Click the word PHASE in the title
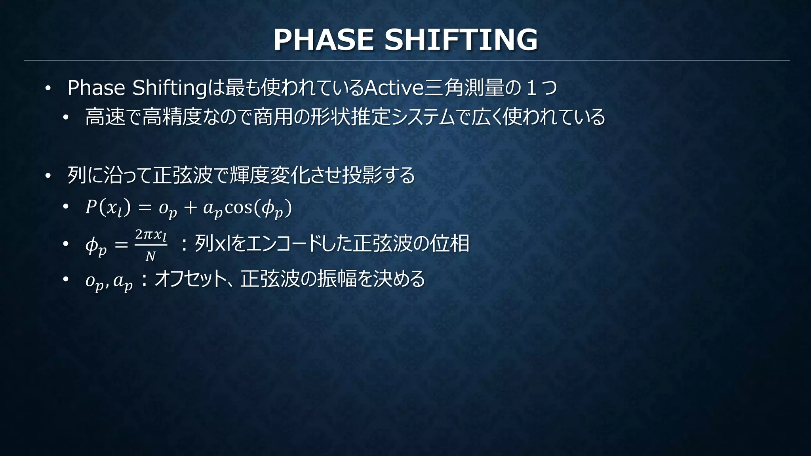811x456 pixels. pos(323,40)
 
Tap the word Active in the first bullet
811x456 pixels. pos(394,88)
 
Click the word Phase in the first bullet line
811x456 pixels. pos(96,88)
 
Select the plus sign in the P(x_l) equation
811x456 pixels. pos(190,208)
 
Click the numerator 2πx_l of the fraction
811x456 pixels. pos(150,235)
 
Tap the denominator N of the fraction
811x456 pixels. pos(150,257)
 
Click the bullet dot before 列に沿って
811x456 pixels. pos(48,176)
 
